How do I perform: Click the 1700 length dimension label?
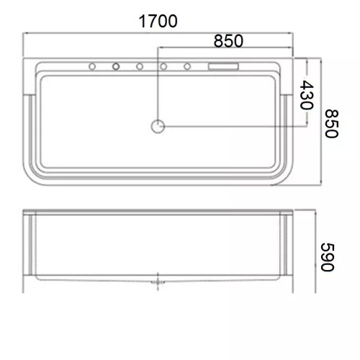158,21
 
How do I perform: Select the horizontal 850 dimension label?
228,41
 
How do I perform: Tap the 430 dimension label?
307,95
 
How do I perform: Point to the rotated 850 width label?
332,124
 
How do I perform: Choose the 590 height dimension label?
328,257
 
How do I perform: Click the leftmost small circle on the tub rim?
92,66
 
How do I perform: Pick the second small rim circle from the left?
116,66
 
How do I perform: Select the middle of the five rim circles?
140,66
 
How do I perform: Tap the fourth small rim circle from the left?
163,66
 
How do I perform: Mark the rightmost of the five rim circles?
187,66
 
